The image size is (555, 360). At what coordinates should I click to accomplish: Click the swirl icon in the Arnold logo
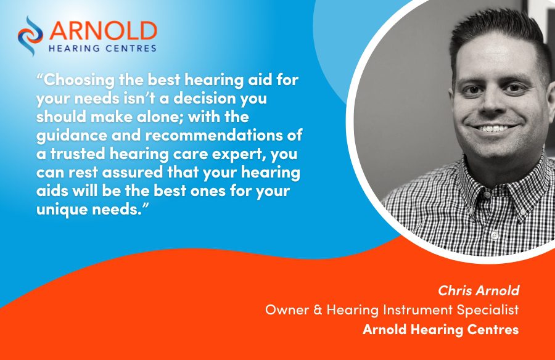[30, 36]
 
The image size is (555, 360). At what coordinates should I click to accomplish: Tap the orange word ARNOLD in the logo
[103, 31]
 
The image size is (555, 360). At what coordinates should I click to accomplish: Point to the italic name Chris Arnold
[479, 290]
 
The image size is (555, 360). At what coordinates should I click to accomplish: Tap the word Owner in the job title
[287, 309]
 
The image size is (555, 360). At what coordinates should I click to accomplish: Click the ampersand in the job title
[318, 309]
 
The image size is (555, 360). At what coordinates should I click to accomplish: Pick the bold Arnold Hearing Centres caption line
[441, 330]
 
